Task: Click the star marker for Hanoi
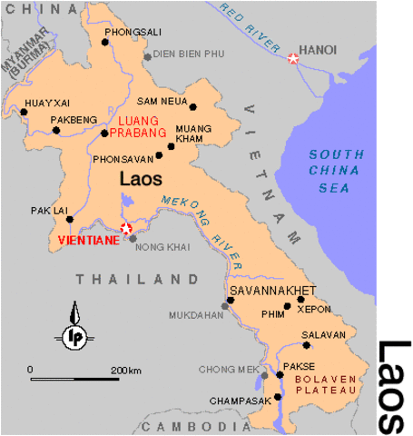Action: point(293,59)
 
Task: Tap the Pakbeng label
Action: point(74,118)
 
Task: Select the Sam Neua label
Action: point(162,101)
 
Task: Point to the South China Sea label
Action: point(332,171)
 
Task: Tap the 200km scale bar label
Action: point(127,371)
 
